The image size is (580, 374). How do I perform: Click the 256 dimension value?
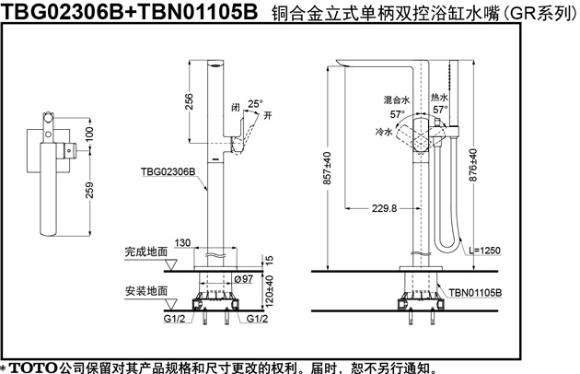[x=189, y=101]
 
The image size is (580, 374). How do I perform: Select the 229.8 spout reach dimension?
[x=384, y=208]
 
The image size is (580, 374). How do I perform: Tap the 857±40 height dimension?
[x=328, y=168]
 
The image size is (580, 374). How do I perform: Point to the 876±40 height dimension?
[x=473, y=165]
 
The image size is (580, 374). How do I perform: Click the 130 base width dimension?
[x=182, y=243]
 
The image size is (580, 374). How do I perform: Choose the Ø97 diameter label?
[x=243, y=279]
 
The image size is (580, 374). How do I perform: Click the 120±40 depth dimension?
[x=270, y=291]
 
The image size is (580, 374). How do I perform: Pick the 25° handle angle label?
[x=255, y=104]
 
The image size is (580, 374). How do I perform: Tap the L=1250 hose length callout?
[x=484, y=251]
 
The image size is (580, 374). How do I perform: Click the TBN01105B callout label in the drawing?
[x=475, y=293]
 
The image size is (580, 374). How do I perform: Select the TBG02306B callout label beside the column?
[x=168, y=171]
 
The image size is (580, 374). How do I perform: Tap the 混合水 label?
[x=397, y=100]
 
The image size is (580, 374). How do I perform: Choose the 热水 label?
[x=439, y=98]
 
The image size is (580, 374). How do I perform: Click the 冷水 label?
[x=384, y=132]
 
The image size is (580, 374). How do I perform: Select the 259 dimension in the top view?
[x=89, y=190]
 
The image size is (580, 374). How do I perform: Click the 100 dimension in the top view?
[x=89, y=134]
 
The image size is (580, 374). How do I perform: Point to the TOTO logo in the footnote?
[x=33, y=368]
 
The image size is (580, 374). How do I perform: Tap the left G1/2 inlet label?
[x=174, y=318]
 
